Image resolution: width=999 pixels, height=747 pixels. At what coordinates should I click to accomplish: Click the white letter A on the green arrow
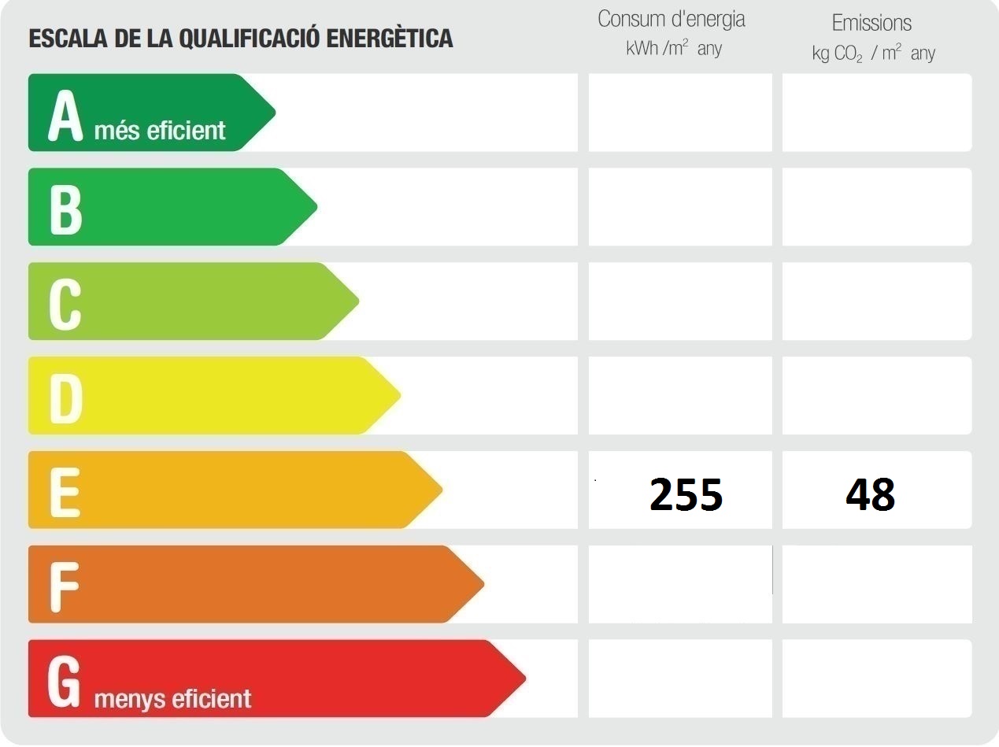point(65,115)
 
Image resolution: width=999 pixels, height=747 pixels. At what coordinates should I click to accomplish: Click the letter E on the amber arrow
point(65,492)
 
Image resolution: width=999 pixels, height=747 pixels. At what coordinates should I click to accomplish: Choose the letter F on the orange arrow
point(65,586)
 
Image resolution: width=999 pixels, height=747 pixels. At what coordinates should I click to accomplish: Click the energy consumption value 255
point(686,494)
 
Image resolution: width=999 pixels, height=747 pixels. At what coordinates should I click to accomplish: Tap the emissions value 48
point(870,494)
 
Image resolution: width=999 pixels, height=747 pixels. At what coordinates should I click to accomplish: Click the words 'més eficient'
point(160,130)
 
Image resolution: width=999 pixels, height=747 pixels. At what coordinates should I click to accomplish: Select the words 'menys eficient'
point(172,698)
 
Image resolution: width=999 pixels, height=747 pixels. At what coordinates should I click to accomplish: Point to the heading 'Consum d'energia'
point(672,19)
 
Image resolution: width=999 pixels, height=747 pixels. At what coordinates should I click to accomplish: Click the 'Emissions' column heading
point(871,23)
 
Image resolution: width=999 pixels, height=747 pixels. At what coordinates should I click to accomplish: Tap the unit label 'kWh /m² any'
point(674,49)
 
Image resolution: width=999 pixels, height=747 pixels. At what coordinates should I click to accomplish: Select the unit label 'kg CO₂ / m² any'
point(873,54)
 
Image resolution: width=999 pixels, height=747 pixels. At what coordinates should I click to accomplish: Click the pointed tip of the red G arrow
point(523,678)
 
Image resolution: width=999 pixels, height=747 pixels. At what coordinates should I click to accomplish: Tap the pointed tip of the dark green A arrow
point(273,113)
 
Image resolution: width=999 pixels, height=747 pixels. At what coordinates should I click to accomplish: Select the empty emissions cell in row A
point(876,113)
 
